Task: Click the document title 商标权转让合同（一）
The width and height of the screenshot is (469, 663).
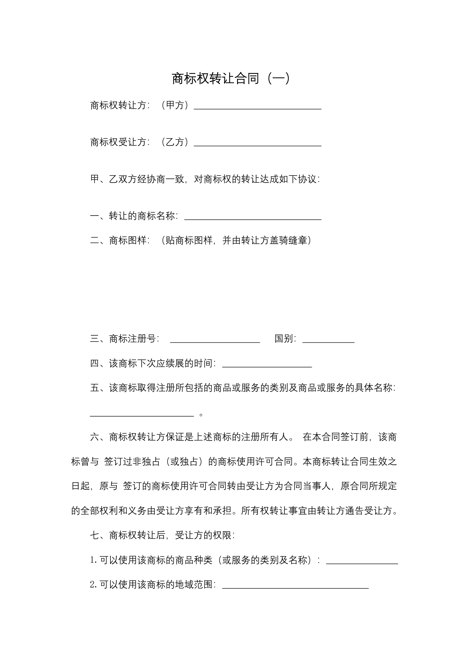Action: [x=231, y=79]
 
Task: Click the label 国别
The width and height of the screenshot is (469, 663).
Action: [x=284, y=339]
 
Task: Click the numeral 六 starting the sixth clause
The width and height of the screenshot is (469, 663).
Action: [x=95, y=437]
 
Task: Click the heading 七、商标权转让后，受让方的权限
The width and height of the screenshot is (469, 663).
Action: [x=162, y=535]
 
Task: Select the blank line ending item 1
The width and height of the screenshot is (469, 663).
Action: [x=362, y=562]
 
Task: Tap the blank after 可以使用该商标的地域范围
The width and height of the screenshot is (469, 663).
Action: [x=295, y=587]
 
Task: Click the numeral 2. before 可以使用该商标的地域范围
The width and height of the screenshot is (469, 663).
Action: [x=94, y=585]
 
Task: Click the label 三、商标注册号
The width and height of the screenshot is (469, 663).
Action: [x=124, y=339]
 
